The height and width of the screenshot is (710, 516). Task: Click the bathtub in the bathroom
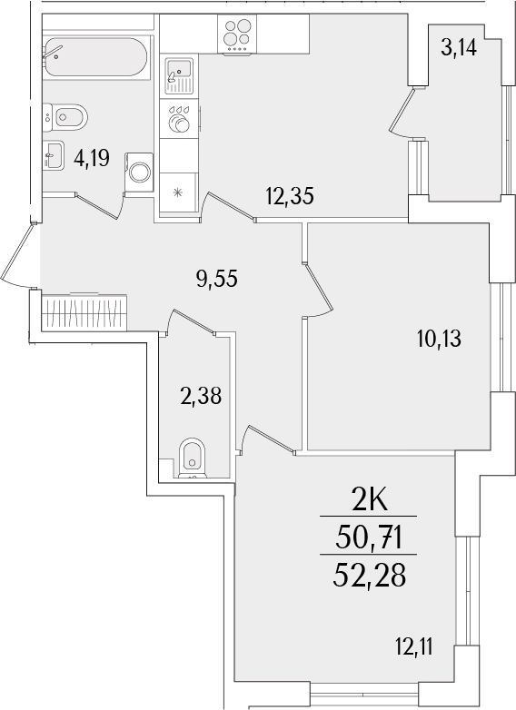95,56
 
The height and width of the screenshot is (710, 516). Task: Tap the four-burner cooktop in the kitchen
237,34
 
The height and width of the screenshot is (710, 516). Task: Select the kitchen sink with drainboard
179,75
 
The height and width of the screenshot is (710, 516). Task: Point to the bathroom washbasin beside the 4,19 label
54,155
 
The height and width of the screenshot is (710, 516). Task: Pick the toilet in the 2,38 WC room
192,458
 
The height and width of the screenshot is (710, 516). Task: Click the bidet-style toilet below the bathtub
65,117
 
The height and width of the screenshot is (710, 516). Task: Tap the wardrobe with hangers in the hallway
84,312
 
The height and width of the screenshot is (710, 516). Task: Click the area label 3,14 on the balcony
459,47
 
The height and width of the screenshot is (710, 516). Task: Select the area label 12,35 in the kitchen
290,196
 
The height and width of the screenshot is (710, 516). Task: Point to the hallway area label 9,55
216,278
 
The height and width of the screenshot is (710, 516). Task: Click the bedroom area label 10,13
439,339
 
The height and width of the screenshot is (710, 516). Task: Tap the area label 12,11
413,647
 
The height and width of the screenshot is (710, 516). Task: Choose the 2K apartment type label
370,501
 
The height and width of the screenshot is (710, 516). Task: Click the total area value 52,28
369,575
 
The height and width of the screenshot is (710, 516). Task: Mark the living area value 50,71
369,537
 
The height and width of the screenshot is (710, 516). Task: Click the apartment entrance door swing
17,255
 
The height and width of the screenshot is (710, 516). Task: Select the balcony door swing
402,113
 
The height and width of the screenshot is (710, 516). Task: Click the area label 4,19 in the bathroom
92,159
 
